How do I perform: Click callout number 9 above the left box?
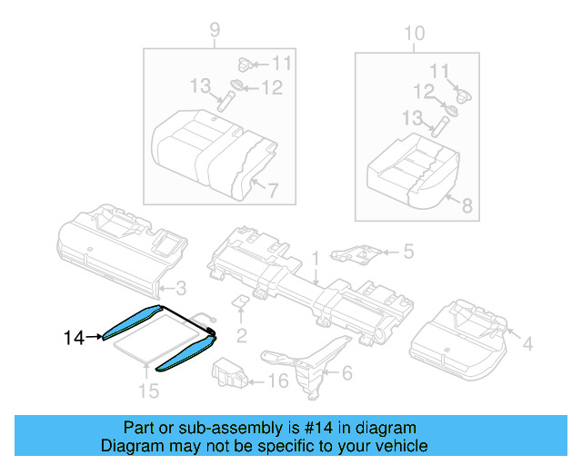click(215, 32)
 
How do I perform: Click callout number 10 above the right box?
click(414, 34)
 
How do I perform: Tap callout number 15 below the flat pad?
click(147, 391)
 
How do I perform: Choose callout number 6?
click(346, 372)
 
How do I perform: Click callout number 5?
click(408, 251)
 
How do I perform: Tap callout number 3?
click(181, 289)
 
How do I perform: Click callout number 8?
click(467, 206)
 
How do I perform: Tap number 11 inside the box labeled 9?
click(280, 64)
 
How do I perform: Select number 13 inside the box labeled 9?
click(200, 85)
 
